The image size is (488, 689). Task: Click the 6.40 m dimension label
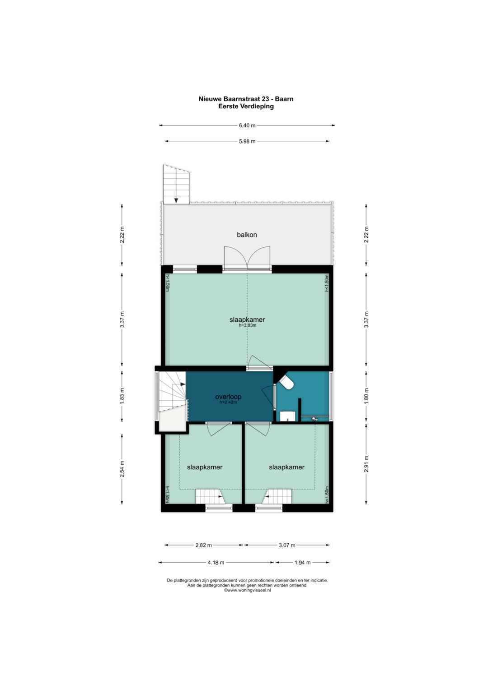point(247,125)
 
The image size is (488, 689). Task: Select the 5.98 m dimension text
point(247,142)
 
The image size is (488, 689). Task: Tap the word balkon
point(247,235)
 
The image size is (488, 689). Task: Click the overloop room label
point(228,397)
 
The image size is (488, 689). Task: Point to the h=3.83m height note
point(248,325)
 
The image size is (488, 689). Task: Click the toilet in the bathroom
point(286,383)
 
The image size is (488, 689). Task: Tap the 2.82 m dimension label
point(204,546)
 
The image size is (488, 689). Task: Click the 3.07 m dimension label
point(287,546)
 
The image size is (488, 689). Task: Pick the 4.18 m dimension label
point(216,563)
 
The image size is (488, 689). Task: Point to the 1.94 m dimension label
point(303,563)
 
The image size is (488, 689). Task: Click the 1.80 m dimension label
point(366,397)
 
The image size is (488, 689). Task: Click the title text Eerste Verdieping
point(246,107)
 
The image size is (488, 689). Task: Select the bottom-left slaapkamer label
point(205,467)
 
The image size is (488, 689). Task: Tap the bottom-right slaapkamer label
point(286,467)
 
